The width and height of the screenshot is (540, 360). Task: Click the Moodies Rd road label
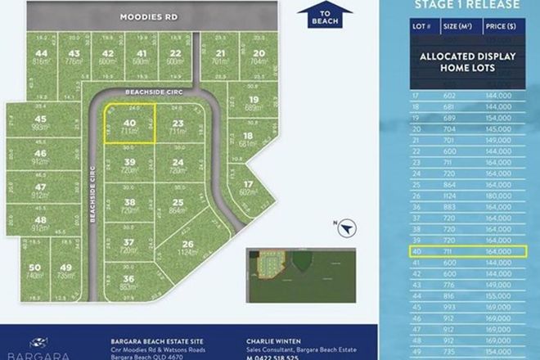pyautogui.click(x=148, y=16)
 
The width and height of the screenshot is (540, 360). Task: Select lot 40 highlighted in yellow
pyautogui.click(x=128, y=127)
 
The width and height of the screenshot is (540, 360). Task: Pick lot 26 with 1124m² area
pyautogui.click(x=188, y=248)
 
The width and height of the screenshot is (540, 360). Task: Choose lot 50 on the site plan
pyautogui.click(x=34, y=271)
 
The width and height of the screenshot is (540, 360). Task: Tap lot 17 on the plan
pyautogui.click(x=239, y=188)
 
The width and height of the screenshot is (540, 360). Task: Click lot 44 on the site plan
pyautogui.click(x=41, y=57)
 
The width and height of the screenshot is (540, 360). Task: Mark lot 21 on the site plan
pyautogui.click(x=218, y=57)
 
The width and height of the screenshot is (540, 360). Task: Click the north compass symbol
pyautogui.click(x=347, y=230)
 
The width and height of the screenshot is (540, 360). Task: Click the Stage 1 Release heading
pyautogui.click(x=466, y=4)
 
